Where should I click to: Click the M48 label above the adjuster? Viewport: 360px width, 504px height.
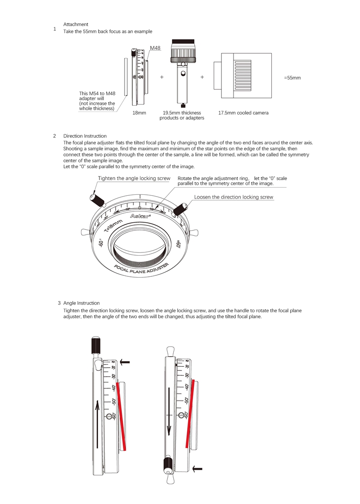click(x=155, y=48)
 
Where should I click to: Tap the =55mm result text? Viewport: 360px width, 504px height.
click(x=292, y=78)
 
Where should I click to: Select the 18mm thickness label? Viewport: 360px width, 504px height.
click(x=139, y=113)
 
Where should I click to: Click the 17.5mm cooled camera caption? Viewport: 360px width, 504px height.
click(x=243, y=113)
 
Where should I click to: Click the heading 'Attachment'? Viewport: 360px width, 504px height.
click(x=76, y=24)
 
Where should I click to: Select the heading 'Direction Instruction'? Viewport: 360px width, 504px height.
click(x=85, y=136)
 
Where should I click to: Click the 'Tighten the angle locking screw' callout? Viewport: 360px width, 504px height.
click(x=134, y=179)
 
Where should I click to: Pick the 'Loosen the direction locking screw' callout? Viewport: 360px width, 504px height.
click(x=234, y=197)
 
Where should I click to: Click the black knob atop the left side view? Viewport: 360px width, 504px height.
click(x=95, y=346)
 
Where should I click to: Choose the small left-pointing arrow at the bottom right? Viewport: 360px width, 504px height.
click(x=197, y=469)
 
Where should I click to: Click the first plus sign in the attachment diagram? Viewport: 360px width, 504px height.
click(x=162, y=77)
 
